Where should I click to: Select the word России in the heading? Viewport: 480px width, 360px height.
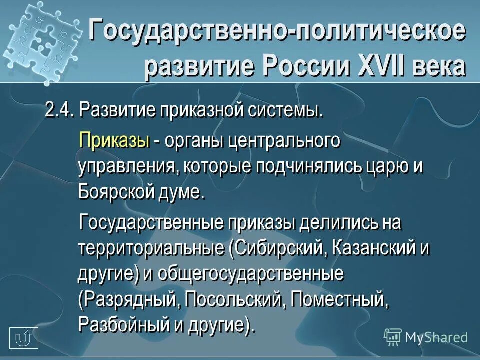[306, 66]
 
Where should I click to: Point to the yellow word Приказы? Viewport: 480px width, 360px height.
[114, 140]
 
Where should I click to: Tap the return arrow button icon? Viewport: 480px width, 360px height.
[24, 338]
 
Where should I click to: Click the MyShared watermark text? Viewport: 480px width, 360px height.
[436, 337]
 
